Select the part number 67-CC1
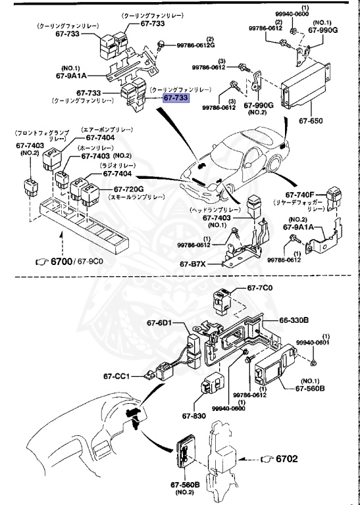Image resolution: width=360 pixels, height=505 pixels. click(x=132, y=377)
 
